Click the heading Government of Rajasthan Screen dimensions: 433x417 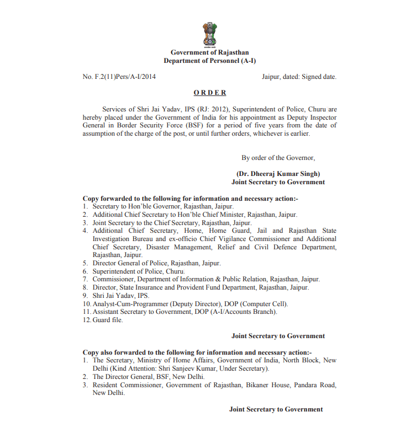pyautogui.click(x=209, y=52)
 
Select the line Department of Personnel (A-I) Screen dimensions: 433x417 pyautogui.click(x=209, y=61)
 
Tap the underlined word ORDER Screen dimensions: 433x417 pyautogui.click(x=209, y=93)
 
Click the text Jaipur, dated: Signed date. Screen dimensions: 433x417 pyautogui.click(x=299, y=77)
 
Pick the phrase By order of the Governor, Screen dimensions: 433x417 pyautogui.click(x=278, y=158)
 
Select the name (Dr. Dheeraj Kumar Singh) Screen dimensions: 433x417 pyautogui.click(x=278, y=174)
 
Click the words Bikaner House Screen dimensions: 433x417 pyautogui.click(x=267, y=384)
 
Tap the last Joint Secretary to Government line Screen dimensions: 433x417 pyautogui.click(x=276, y=409)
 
